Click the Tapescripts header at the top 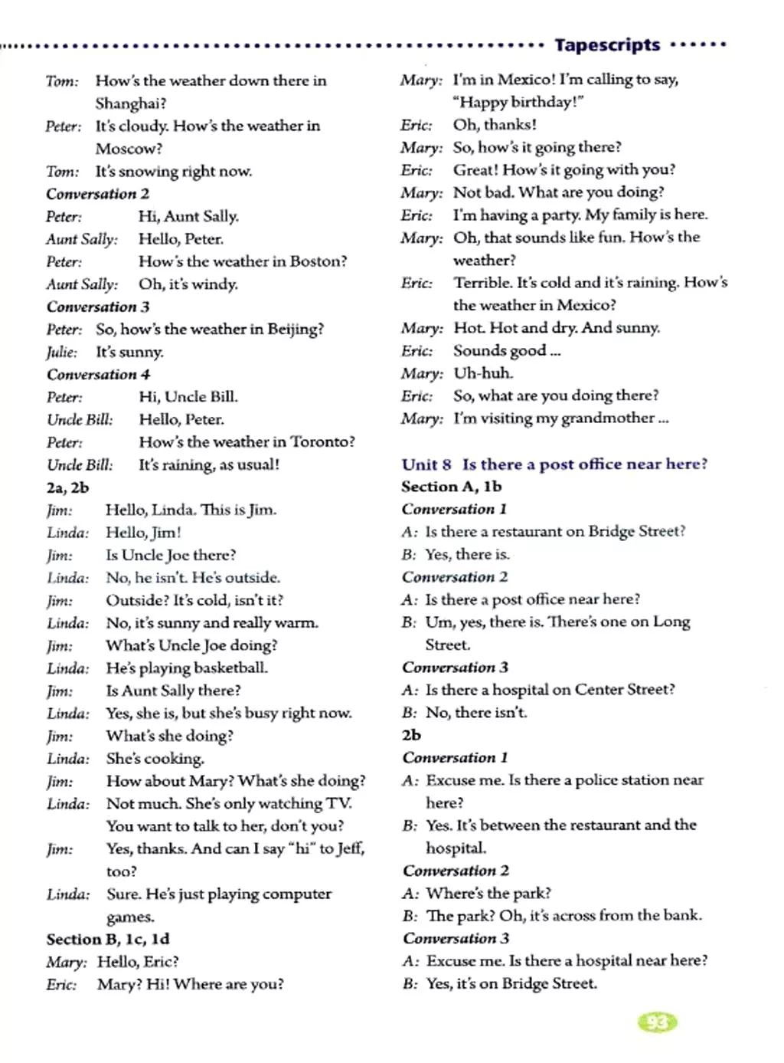tap(607, 45)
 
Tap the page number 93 tap(657, 1022)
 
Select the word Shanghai tap(129, 103)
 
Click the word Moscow tap(129, 149)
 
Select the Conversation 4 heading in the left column tap(98, 375)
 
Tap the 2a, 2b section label tap(67, 487)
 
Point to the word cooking tap(174, 759)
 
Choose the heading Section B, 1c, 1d tap(107, 940)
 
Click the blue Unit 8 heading tap(554, 464)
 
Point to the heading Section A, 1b tap(451, 487)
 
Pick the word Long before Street tap(671, 622)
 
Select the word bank tap(681, 915)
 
